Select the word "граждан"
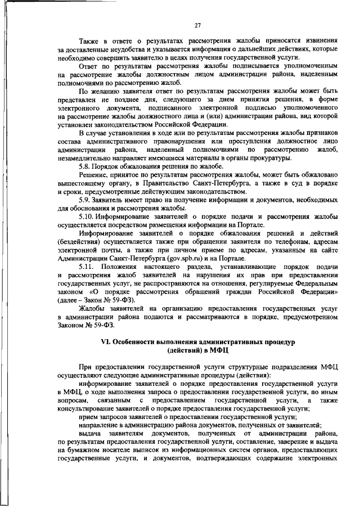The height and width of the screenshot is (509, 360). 220,294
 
